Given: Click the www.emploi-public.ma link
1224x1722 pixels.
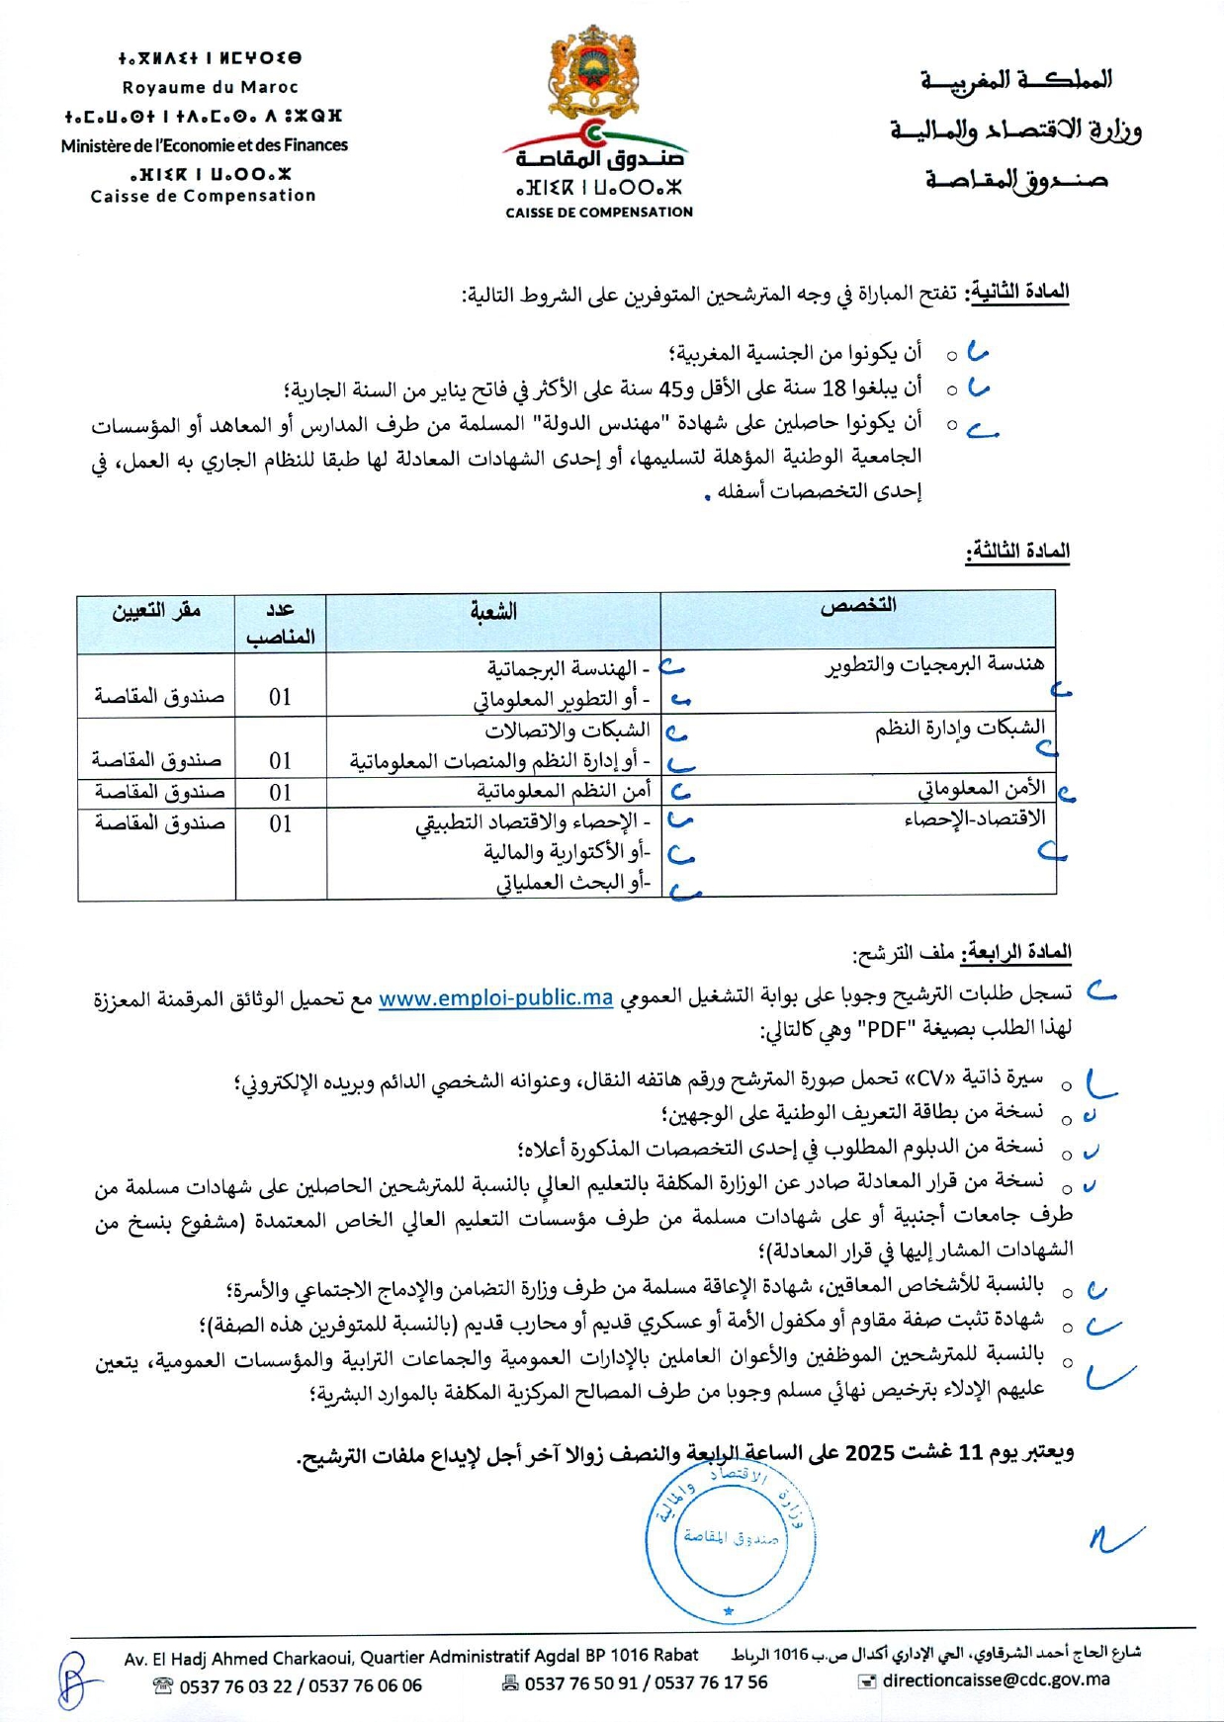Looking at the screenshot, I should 495,997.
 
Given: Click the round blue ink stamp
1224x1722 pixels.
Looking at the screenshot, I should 731,1538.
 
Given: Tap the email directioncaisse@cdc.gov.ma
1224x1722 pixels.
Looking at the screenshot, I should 996,1679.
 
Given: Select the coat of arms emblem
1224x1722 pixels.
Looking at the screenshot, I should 593,73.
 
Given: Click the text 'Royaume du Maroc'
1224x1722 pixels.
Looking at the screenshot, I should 210,87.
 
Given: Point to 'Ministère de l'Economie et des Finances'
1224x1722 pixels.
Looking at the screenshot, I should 204,145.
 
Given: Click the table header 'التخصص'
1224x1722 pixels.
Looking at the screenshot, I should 858,606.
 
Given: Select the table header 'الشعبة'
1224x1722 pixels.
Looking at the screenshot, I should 493,612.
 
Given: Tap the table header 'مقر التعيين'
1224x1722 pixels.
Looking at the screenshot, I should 156,610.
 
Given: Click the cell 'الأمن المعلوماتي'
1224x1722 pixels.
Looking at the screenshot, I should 981,789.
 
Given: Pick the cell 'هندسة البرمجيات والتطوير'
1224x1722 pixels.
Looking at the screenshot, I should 934,664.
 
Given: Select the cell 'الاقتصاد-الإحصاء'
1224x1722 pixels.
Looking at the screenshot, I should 974,819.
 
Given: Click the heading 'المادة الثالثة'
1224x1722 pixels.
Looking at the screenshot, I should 1018,551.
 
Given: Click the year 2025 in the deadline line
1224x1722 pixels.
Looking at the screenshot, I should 870,1453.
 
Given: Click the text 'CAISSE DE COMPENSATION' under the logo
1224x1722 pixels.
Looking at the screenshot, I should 599,212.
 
